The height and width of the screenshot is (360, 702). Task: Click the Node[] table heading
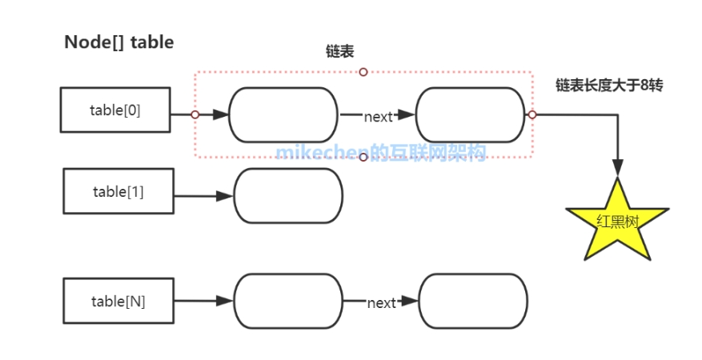click(x=118, y=43)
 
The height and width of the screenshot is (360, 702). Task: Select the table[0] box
click(x=115, y=110)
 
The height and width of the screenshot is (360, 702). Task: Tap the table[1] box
click(x=118, y=191)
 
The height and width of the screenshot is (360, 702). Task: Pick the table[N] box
click(x=118, y=301)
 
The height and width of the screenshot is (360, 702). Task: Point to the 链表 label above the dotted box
click(x=335, y=51)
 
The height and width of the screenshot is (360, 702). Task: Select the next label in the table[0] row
click(x=378, y=117)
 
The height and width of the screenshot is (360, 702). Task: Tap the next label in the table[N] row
click(x=381, y=303)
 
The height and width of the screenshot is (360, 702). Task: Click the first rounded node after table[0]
click(x=283, y=115)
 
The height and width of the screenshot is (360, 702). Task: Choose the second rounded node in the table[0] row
click(x=470, y=115)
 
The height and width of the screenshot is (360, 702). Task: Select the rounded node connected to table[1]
click(x=287, y=195)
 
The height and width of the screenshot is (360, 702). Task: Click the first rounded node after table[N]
click(x=288, y=301)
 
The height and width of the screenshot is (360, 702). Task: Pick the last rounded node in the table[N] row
click(x=473, y=301)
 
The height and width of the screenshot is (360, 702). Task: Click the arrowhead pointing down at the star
click(x=617, y=168)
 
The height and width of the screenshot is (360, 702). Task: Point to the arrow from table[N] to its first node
click(x=203, y=301)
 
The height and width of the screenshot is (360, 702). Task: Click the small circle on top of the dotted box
click(x=363, y=72)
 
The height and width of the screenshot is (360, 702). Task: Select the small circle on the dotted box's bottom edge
click(x=363, y=158)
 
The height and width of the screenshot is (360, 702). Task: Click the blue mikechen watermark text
click(x=381, y=153)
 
